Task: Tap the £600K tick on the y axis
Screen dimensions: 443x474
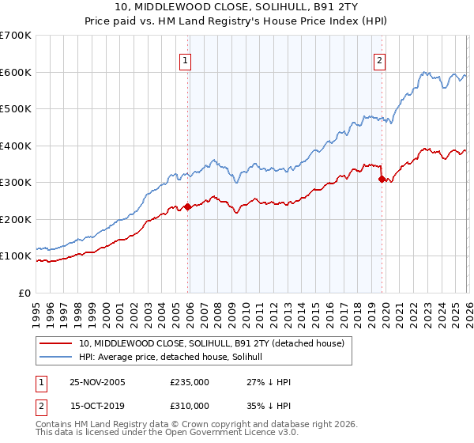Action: click(x=16, y=72)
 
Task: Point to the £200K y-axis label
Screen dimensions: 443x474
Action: click(x=16, y=219)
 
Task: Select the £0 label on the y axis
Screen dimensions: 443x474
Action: click(x=25, y=293)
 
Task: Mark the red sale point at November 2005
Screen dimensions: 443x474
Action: click(x=188, y=206)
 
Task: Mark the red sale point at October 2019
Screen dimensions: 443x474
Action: click(x=382, y=179)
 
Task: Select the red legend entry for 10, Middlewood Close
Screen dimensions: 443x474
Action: click(x=211, y=344)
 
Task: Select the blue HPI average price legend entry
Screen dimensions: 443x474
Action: click(x=175, y=358)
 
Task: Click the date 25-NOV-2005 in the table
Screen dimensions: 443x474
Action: click(x=97, y=382)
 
